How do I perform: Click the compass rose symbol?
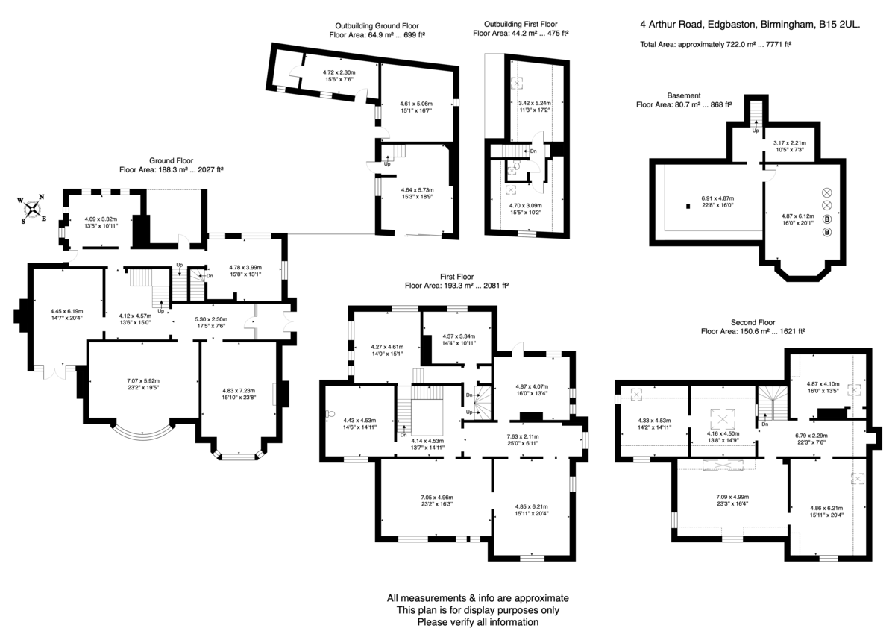click(x=31, y=210)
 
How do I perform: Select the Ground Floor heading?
click(x=171, y=160)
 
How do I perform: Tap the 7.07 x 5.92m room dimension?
click(x=143, y=380)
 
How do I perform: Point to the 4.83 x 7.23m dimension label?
click(x=239, y=390)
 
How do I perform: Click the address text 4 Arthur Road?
click(x=671, y=25)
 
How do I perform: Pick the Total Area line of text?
click(x=715, y=44)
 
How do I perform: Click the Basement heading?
click(x=684, y=96)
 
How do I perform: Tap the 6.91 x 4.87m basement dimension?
click(x=717, y=198)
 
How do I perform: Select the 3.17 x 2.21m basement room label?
click(x=790, y=142)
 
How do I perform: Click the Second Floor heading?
click(x=753, y=322)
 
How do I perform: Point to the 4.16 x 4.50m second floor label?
click(x=723, y=433)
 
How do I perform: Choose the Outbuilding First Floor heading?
click(x=521, y=25)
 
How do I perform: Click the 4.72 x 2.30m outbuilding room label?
click(x=339, y=72)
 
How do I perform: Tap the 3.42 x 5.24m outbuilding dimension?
click(x=535, y=103)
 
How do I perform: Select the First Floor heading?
click(x=456, y=277)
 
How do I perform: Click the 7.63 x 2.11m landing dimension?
click(x=523, y=436)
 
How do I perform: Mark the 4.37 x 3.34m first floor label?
click(x=459, y=336)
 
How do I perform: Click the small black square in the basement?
click(x=688, y=206)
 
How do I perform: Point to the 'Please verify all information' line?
click(x=478, y=622)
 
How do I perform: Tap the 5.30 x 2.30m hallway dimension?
click(x=211, y=319)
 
